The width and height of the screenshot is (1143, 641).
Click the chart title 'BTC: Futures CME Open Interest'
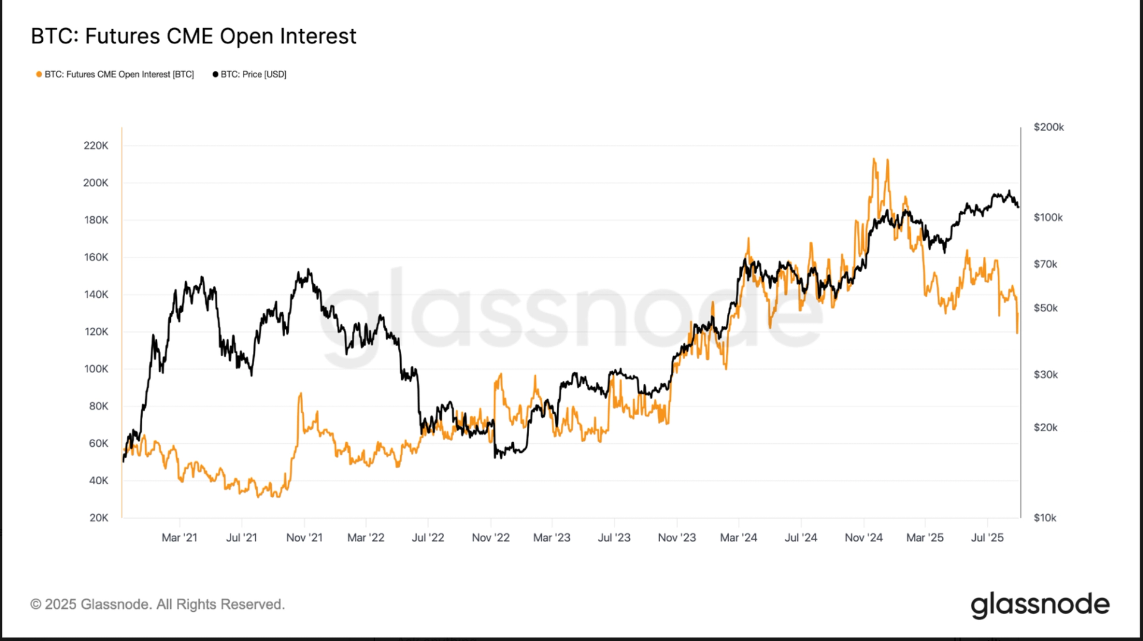pyautogui.click(x=193, y=36)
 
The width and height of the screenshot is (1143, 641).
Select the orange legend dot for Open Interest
pyautogui.click(x=39, y=74)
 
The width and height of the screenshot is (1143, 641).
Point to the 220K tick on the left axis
pyautogui.click(x=96, y=145)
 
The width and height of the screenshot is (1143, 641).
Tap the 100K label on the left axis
pyautogui.click(x=96, y=369)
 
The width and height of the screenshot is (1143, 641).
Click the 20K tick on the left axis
pyautogui.click(x=99, y=518)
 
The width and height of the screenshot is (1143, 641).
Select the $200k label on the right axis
pyautogui.click(x=1048, y=127)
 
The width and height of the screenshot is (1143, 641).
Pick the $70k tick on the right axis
pyautogui.click(x=1045, y=264)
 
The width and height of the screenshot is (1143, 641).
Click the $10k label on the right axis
pyautogui.click(x=1045, y=518)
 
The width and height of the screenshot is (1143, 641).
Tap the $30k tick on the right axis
pyautogui.click(x=1045, y=375)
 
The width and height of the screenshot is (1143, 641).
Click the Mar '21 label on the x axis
pyautogui.click(x=179, y=537)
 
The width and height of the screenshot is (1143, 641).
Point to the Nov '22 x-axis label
pyautogui.click(x=491, y=537)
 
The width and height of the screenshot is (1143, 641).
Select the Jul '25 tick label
pyautogui.click(x=987, y=537)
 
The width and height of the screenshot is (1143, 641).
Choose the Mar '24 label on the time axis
pyautogui.click(x=738, y=537)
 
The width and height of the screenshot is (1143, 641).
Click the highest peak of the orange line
pyautogui.click(x=874, y=158)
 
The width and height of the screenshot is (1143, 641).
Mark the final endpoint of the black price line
pyautogui.click(x=1018, y=207)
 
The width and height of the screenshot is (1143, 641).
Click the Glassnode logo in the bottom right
pyautogui.click(x=1040, y=605)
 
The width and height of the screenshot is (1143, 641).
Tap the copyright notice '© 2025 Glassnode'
pyautogui.click(x=158, y=604)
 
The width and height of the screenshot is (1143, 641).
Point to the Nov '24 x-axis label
pyautogui.click(x=863, y=537)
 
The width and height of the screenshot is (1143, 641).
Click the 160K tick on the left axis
pyautogui.click(x=96, y=257)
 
